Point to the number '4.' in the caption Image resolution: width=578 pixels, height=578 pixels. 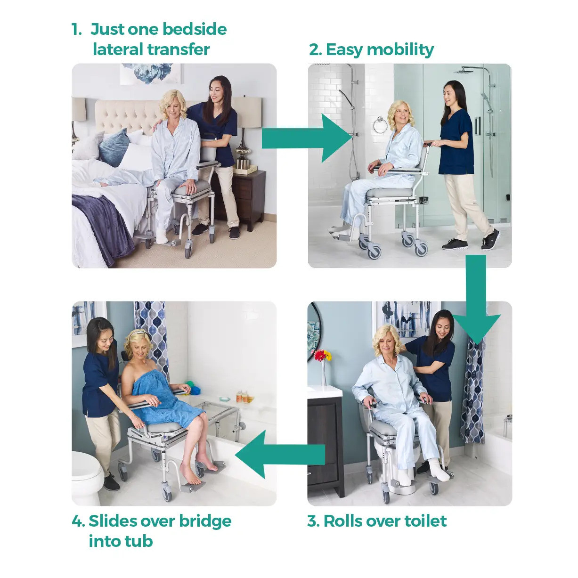pyautogui.click(x=78, y=521)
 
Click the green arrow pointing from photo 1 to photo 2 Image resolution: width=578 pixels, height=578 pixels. pyautogui.click(x=306, y=138)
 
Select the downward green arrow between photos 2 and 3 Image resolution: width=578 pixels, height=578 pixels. pyautogui.click(x=476, y=301)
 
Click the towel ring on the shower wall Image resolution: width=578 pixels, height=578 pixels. pyautogui.click(x=380, y=125)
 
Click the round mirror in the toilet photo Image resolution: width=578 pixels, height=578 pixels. pyautogui.click(x=313, y=330)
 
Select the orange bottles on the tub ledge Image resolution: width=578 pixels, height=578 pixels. pyautogui.click(x=243, y=397)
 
